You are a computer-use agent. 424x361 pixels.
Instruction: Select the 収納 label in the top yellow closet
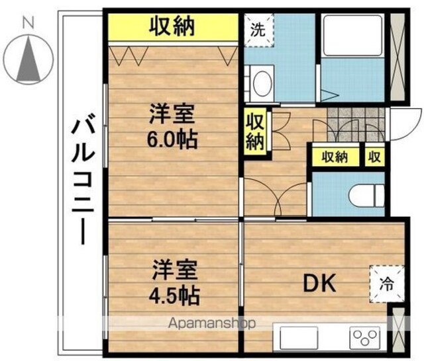(172, 26)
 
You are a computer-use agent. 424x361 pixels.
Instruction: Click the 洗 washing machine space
(259, 30)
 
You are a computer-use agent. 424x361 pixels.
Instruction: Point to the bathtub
(353, 35)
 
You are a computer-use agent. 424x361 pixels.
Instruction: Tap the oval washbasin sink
(262, 83)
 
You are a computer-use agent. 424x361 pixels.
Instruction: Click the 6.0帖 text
(172, 140)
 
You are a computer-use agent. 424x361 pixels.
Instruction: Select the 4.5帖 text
(174, 296)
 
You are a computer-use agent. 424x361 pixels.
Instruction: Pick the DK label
(319, 283)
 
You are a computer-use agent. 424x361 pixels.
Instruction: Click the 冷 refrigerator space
(387, 284)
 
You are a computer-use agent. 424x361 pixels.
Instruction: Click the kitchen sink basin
(299, 337)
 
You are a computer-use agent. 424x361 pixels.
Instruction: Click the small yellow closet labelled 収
(374, 157)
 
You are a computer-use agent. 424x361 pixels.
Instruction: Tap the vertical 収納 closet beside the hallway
(255, 132)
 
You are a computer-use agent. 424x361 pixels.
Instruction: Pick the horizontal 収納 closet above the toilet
(335, 157)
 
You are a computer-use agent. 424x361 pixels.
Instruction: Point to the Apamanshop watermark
(212, 323)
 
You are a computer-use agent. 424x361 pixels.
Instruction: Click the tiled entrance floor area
(356, 124)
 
